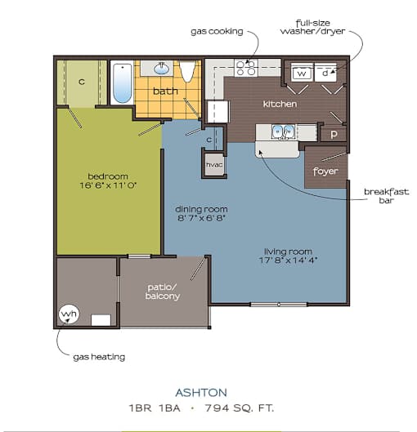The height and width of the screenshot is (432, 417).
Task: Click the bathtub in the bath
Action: tap(123, 82)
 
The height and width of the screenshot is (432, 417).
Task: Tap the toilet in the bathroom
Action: tap(187, 71)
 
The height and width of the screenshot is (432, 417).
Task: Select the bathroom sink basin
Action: tap(162, 69)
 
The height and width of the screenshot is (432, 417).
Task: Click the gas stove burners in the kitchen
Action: tap(246, 68)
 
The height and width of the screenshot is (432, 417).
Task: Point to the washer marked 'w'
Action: tap(302, 73)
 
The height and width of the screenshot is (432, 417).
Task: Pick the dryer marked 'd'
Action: tap(325, 73)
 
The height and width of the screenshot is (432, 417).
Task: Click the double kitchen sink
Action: tap(283, 132)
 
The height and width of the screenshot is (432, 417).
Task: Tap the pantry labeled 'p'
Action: tap(334, 135)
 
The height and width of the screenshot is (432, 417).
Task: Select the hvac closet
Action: tap(214, 165)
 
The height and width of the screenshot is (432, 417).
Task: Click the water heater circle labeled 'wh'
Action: tap(69, 314)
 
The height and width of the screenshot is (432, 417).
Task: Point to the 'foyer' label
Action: tap(325, 171)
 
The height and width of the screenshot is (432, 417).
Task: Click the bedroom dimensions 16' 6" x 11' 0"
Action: tap(108, 185)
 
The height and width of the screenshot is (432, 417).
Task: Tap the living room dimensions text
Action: tap(288, 260)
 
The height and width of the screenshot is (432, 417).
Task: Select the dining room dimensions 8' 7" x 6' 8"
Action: tap(202, 218)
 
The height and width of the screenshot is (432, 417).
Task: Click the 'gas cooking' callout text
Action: tap(217, 31)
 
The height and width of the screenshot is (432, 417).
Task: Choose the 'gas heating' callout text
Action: tap(99, 357)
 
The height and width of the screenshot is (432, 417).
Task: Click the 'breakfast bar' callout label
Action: tap(387, 196)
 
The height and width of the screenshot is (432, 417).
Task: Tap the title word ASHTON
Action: tap(201, 393)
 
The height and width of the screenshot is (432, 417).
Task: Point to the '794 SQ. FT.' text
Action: tap(240, 408)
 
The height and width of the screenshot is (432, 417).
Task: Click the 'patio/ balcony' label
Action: tap(163, 292)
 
